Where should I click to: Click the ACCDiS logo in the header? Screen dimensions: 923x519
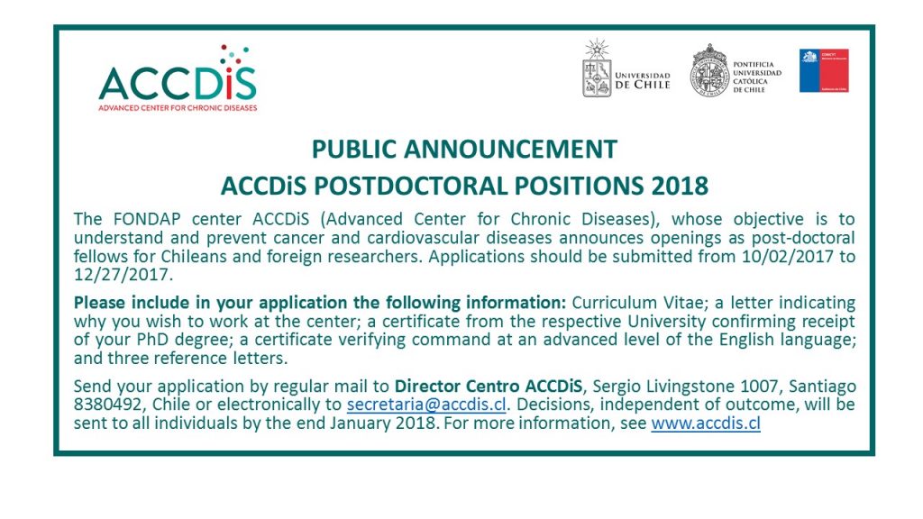click(x=178, y=77)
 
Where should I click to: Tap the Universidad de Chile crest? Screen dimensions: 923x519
click(x=597, y=68)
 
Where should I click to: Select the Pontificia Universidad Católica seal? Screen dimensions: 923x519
click(x=709, y=70)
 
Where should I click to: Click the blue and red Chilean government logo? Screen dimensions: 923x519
click(x=824, y=70)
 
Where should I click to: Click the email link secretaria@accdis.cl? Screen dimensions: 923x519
click(x=426, y=405)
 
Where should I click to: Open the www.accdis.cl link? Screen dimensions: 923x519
click(x=706, y=423)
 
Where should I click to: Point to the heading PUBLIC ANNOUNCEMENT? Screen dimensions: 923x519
click(x=464, y=149)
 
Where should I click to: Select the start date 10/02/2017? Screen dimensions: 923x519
click(x=788, y=257)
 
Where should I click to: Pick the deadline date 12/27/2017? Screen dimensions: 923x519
click(x=123, y=275)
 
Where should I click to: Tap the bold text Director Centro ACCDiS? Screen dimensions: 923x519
click(x=489, y=386)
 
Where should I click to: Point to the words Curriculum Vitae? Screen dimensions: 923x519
click(x=637, y=303)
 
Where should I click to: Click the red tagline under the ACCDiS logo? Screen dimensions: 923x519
click(x=178, y=108)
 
